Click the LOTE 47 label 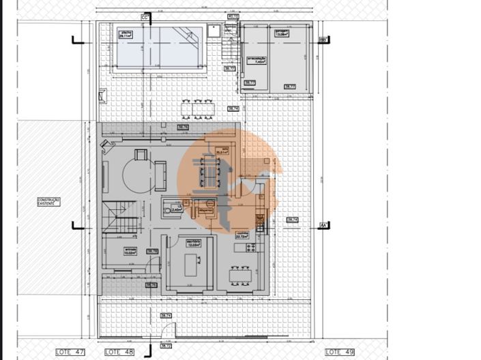tap(70, 351)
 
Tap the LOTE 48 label tap(119, 351)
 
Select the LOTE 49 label tap(340, 351)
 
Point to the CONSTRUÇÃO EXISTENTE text tap(49, 202)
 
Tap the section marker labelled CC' tap(145, 17)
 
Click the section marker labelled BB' tap(323, 40)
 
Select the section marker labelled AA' tap(323, 224)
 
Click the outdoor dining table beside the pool tap(198, 108)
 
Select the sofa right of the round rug tap(161, 175)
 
